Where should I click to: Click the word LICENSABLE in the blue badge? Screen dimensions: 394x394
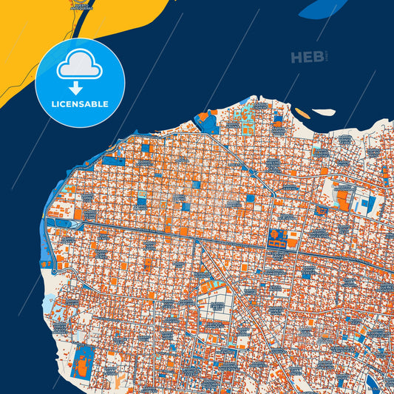pos(80,103)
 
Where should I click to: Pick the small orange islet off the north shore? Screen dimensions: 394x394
pos(302,113)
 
